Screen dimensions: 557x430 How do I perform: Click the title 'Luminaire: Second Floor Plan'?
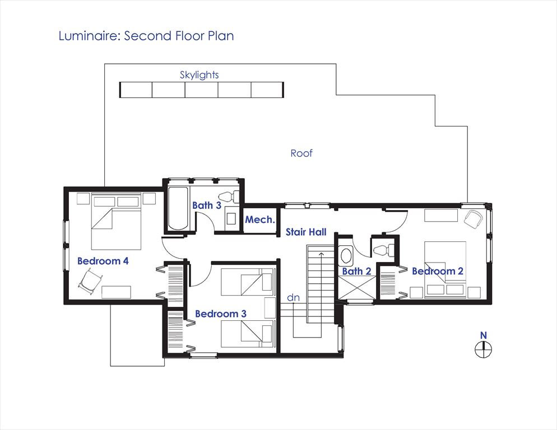(146, 36)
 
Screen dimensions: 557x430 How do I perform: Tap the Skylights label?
(199, 75)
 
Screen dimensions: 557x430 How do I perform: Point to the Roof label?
(301, 153)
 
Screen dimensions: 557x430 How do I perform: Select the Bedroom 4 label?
(103, 261)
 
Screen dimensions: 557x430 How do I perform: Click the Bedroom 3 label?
(221, 314)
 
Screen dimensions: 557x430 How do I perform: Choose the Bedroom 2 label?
(438, 271)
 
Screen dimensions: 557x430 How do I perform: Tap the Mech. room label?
(260, 220)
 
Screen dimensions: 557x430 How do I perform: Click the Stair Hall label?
(306, 232)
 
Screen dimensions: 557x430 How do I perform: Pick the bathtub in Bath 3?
(178, 208)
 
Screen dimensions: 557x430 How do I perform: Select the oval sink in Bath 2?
(346, 255)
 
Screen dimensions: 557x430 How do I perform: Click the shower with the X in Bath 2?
(356, 288)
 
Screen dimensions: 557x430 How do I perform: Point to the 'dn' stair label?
(293, 297)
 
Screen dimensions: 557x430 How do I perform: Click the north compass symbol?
(484, 349)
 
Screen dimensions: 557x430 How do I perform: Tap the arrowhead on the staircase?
(321, 254)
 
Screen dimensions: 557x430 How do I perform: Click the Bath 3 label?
(207, 205)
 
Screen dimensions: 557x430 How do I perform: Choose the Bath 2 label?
(356, 272)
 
